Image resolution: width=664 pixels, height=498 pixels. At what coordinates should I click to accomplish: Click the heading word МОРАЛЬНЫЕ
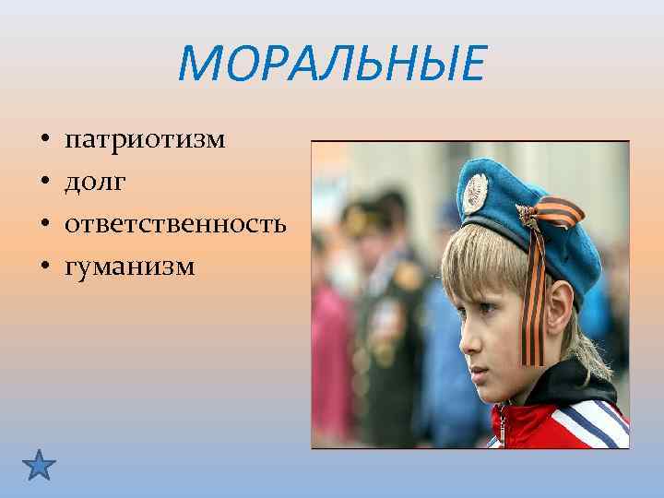[x=331, y=65]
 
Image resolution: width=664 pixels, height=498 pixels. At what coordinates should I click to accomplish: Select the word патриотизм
[x=145, y=141]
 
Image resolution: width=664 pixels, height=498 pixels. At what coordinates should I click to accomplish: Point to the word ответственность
[x=174, y=224]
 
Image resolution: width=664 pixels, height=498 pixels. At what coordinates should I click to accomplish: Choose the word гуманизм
[x=129, y=267]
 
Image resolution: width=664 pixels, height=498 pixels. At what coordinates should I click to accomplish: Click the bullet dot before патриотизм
[x=44, y=142]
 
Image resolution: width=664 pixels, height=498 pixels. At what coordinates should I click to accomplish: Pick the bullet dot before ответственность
[x=44, y=225]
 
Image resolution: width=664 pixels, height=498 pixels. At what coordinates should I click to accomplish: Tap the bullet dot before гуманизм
[x=44, y=267]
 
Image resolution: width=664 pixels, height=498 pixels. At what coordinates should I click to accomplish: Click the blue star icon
[x=39, y=464]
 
